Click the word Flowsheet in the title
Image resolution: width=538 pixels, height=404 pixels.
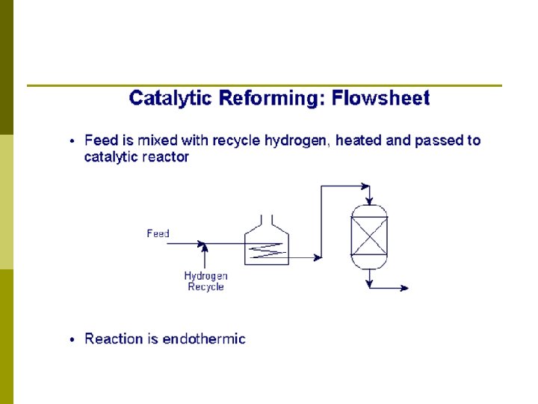click(x=381, y=98)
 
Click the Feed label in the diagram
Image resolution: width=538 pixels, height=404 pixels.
click(x=158, y=233)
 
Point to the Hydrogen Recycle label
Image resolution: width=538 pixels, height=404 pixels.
click(x=205, y=281)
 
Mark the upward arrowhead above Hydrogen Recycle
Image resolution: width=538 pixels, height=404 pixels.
click(x=205, y=248)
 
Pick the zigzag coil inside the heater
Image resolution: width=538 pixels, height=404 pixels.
click(x=267, y=253)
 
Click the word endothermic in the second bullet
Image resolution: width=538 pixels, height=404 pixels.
click(x=204, y=339)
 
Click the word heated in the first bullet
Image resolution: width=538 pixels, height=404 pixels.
click(x=356, y=141)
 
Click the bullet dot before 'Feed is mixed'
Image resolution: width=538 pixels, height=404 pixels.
click(x=72, y=141)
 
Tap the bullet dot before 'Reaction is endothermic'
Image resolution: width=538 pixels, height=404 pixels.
click(x=72, y=340)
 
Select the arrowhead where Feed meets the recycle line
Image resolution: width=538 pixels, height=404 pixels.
click(x=201, y=242)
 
